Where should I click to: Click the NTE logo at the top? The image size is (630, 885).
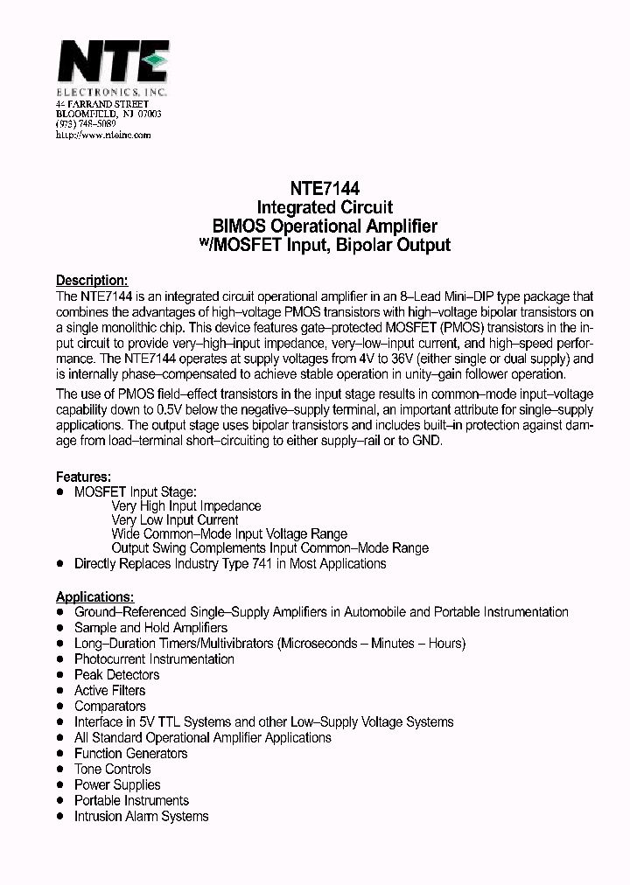(112, 66)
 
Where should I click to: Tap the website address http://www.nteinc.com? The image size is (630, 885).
(103, 135)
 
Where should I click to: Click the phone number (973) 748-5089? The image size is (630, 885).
(86, 124)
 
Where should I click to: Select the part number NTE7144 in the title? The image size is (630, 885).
(325, 188)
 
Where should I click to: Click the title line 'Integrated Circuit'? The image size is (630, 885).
(325, 207)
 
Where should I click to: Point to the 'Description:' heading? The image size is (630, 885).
(92, 281)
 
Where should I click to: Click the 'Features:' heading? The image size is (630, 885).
(83, 477)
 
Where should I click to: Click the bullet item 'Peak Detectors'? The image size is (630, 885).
(116, 674)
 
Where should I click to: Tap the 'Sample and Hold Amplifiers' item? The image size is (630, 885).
(150, 627)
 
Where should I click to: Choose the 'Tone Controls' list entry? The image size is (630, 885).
(113, 769)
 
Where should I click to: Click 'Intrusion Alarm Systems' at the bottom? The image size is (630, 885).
(141, 816)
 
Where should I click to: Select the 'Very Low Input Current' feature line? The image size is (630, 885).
(174, 519)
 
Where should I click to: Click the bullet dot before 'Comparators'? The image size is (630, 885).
(60, 707)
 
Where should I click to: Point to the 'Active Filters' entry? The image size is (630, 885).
(109, 690)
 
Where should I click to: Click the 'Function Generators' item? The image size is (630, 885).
(130, 753)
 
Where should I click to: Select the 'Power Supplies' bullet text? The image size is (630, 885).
(117, 784)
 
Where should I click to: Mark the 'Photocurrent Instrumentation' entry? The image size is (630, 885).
(154, 659)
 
